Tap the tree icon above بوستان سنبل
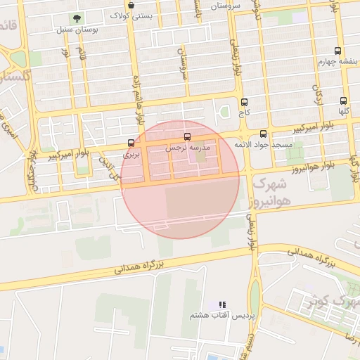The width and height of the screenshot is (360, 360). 77,18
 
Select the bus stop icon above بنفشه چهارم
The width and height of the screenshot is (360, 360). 338,51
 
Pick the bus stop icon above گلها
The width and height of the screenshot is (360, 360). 343,101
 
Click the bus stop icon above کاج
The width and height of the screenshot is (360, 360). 244,102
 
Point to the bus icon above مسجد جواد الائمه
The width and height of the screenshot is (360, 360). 264,134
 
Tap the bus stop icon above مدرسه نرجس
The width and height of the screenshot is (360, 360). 187,137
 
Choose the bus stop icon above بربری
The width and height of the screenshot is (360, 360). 131,143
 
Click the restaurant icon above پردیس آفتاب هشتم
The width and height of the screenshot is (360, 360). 222,304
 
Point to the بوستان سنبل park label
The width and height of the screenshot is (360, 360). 76,30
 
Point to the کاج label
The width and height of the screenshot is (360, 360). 244,112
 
